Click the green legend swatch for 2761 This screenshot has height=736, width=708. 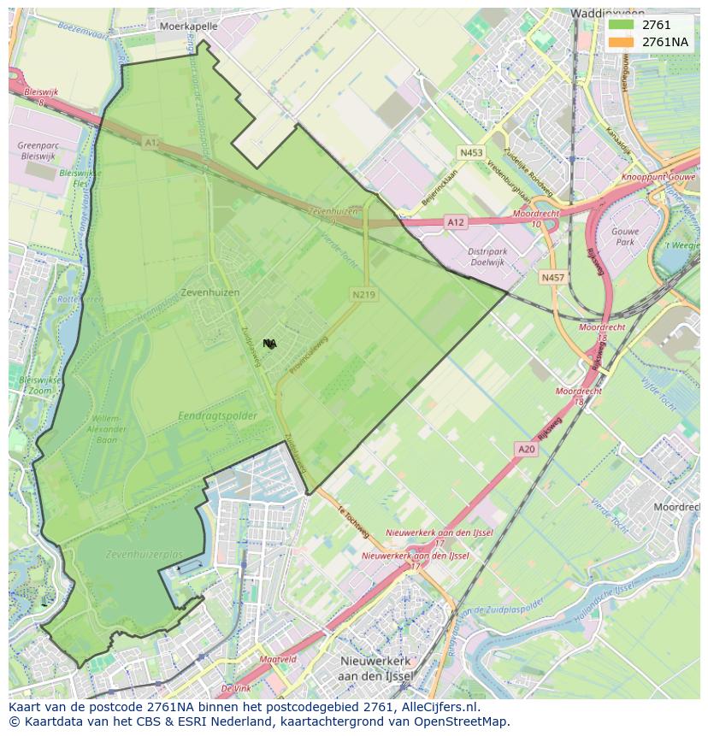[x=622, y=26]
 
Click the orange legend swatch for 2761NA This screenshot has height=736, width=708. [x=622, y=42]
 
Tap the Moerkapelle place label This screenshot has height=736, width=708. [x=189, y=26]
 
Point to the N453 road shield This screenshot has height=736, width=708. [x=471, y=153]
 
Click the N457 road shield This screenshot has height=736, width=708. [x=553, y=278]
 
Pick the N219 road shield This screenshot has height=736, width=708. [x=364, y=295]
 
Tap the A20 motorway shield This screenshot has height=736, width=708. [x=527, y=449]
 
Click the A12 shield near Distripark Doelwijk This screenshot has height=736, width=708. [x=456, y=222]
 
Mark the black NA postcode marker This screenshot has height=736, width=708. [x=269, y=344]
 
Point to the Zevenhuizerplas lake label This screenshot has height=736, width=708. [x=145, y=555]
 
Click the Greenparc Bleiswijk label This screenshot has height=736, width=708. [x=38, y=151]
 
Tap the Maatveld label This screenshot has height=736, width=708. [x=277, y=659]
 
